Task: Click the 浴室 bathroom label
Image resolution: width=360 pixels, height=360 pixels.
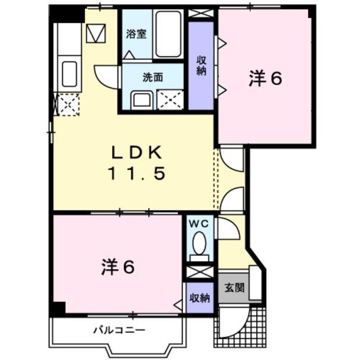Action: (x=136, y=34)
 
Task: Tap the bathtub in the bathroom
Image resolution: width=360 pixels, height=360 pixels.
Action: (x=168, y=34)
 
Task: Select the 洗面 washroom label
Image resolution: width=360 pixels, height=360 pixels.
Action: (x=153, y=77)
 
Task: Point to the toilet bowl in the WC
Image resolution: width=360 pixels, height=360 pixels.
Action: (x=199, y=243)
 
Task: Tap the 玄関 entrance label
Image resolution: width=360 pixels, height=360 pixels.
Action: (x=234, y=288)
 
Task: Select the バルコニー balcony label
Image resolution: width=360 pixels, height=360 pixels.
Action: (x=119, y=330)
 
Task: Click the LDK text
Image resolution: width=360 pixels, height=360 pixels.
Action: (x=137, y=153)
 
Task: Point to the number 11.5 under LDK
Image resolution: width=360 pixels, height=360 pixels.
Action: (x=137, y=173)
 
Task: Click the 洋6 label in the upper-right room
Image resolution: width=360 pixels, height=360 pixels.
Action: (x=265, y=78)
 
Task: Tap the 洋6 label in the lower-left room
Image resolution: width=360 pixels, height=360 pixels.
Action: (x=118, y=267)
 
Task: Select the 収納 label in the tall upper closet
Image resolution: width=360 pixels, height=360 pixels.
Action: (x=201, y=66)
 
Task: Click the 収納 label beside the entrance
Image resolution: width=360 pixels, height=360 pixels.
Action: (x=199, y=298)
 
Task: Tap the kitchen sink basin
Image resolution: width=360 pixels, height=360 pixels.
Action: (x=69, y=74)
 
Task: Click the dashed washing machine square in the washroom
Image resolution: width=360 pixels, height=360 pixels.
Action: (x=170, y=99)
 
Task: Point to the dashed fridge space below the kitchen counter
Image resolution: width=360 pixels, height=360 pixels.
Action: (x=68, y=104)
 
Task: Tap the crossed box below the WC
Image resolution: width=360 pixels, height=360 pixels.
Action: (x=200, y=272)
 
